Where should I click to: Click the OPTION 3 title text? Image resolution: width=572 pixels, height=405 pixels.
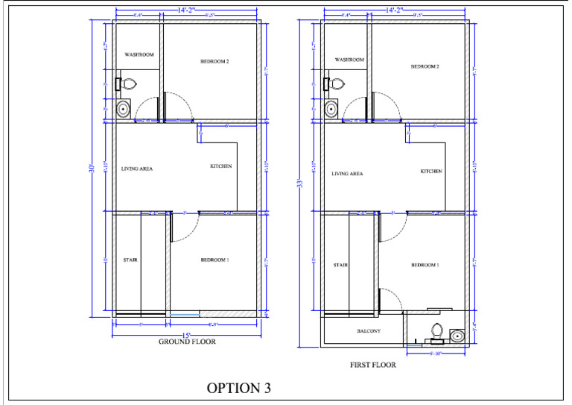click(238, 388)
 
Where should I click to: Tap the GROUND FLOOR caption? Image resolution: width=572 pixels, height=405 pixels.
click(187, 342)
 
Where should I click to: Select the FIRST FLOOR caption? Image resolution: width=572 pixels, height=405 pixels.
click(372, 365)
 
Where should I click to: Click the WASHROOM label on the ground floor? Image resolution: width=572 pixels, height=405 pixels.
click(139, 54)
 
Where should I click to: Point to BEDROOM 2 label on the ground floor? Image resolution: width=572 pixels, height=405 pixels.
click(214, 61)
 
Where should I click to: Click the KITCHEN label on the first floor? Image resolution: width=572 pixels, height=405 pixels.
click(431, 171)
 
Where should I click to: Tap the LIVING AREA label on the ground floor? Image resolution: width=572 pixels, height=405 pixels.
click(137, 169)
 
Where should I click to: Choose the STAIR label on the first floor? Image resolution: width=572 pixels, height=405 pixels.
click(341, 265)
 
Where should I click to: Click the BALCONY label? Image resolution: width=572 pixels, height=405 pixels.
click(369, 331)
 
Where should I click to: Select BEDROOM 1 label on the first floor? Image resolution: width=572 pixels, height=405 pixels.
click(425, 265)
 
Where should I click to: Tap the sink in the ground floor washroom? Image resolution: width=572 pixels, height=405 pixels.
click(124, 110)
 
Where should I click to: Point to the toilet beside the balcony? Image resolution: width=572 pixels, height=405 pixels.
click(437, 330)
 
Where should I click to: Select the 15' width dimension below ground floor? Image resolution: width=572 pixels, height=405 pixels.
click(188, 334)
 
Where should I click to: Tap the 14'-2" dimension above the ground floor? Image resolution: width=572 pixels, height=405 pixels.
click(186, 10)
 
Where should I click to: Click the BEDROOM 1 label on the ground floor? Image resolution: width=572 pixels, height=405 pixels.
click(214, 260)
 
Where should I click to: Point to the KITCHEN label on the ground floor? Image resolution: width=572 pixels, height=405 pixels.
click(220, 166)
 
